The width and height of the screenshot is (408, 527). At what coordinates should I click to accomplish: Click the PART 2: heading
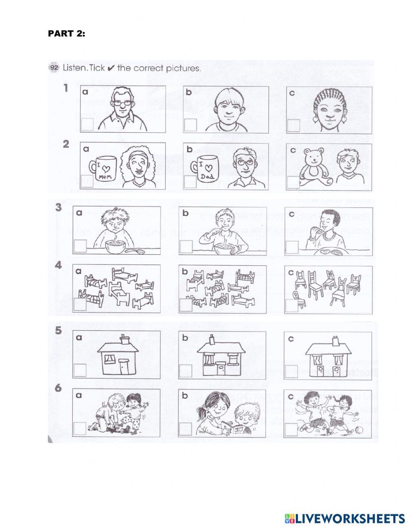67,34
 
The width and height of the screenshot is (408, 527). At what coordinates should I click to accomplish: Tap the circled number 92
54,68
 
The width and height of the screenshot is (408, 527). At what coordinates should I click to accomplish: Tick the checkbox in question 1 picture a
87,125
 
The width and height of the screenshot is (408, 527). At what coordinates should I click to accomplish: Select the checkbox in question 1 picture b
190,125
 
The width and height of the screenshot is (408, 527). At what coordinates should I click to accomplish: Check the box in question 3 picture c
292,247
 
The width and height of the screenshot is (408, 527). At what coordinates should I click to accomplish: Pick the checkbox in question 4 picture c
292,305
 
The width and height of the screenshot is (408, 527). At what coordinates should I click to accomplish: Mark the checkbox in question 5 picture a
80,370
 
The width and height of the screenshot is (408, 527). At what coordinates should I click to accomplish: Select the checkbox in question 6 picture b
186,429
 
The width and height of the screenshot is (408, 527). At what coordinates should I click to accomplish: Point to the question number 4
58,265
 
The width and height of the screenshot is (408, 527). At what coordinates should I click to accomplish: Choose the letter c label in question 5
291,338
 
